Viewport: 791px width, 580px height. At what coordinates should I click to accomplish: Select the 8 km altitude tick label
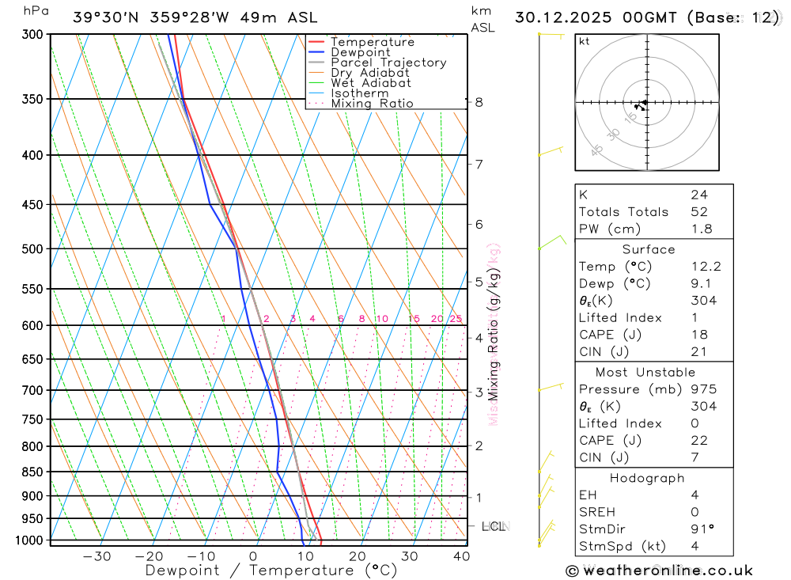click(x=479, y=102)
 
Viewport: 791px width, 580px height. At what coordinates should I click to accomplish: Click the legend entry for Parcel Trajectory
click(x=388, y=63)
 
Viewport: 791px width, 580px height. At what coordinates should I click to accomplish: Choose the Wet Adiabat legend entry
click(x=371, y=83)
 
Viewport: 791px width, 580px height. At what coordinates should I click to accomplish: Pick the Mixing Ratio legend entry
click(x=372, y=104)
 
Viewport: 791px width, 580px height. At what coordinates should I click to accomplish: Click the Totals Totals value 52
click(x=699, y=212)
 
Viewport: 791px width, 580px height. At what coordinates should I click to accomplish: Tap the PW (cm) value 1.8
click(x=701, y=229)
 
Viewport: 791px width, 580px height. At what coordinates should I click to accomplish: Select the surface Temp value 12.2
click(x=706, y=267)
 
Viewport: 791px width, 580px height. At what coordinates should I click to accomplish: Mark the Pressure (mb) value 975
click(x=703, y=389)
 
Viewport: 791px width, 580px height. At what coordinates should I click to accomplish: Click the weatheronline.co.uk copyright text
click(x=660, y=571)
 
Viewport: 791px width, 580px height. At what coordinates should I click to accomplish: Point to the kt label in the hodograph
click(x=585, y=41)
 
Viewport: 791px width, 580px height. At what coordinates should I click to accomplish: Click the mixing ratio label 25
click(x=456, y=319)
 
